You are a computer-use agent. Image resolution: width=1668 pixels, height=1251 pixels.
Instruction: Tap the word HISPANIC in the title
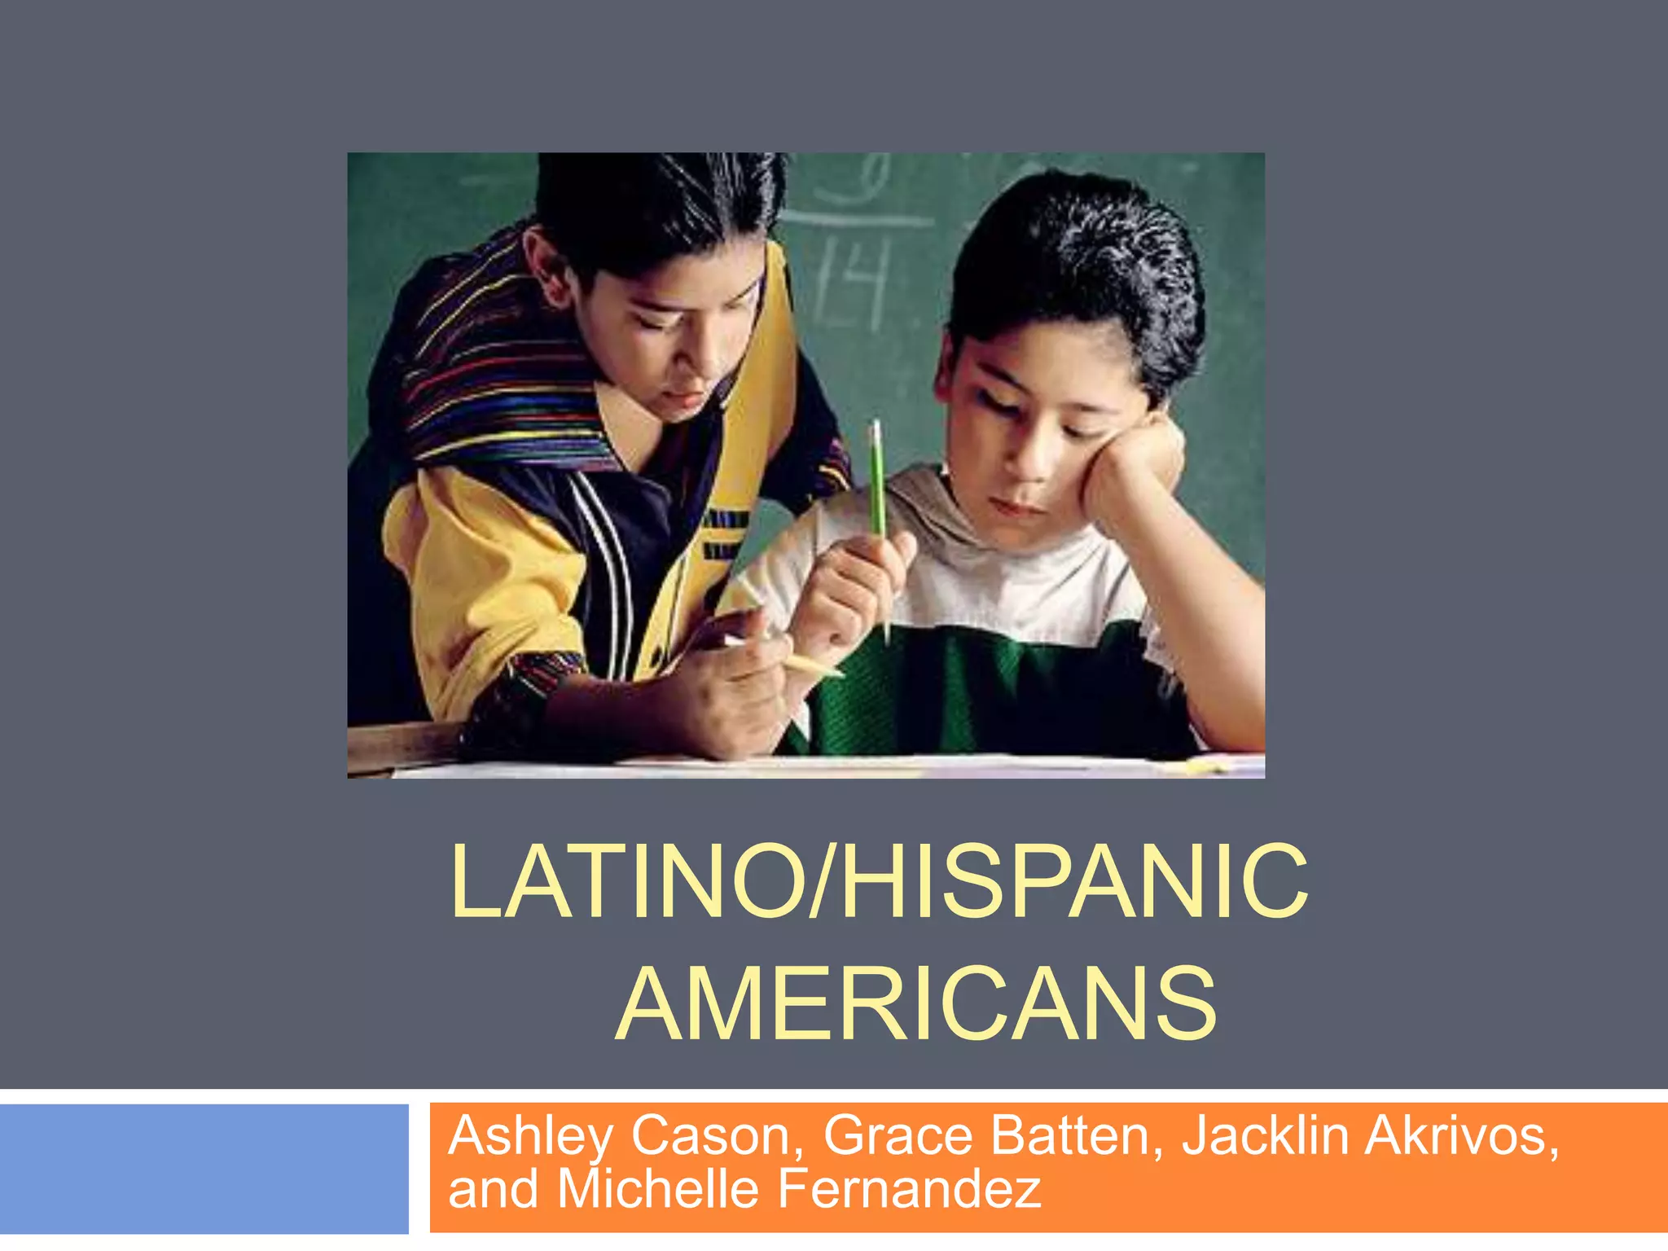click(x=1075, y=882)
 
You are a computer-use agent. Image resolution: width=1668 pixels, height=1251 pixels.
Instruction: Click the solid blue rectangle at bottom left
click(x=204, y=1170)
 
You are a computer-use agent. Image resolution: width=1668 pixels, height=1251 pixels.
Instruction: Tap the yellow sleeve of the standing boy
click(x=481, y=570)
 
